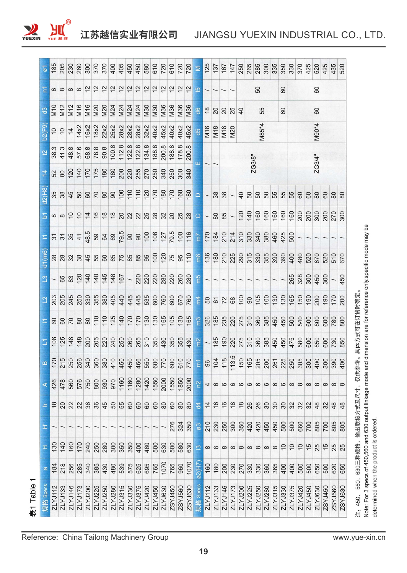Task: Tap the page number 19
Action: coord(203,551)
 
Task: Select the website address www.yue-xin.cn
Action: coord(359,537)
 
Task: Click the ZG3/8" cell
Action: coord(253,163)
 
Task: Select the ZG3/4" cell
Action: coord(317,163)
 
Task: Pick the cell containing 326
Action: coord(207,320)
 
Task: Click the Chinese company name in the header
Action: coord(129,35)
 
